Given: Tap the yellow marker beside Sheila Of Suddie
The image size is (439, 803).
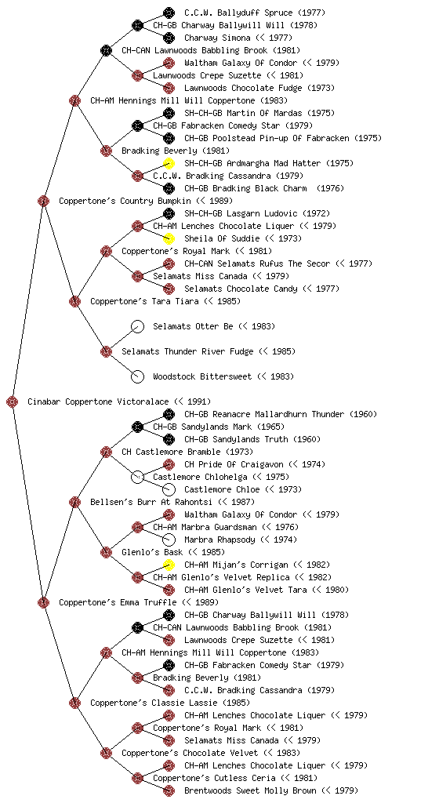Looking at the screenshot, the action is click(x=169, y=238).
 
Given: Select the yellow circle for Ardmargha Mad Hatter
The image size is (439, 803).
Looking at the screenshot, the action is click(x=169, y=163).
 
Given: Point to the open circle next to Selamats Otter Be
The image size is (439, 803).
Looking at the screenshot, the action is click(x=138, y=326).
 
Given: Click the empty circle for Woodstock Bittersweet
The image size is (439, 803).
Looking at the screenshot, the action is click(x=138, y=376).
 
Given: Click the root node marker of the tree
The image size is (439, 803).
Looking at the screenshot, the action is click(x=13, y=401).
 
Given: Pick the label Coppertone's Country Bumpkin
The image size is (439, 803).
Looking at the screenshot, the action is click(x=125, y=201).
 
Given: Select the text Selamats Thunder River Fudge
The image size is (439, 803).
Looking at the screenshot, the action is click(x=187, y=351).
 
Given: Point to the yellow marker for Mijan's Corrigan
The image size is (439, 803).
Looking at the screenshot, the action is click(x=169, y=565).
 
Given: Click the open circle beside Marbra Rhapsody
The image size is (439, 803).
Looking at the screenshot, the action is click(x=169, y=540).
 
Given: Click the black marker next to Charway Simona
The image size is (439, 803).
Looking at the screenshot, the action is click(x=169, y=38).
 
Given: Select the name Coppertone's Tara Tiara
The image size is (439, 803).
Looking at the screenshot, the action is click(x=144, y=301).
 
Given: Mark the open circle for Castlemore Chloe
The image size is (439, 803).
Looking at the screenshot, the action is click(x=169, y=489).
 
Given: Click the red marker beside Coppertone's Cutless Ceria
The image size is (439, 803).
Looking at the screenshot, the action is click(x=138, y=778).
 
